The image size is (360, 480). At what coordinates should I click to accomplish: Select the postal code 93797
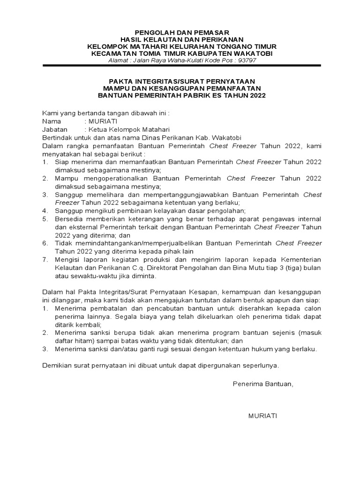click(248, 60)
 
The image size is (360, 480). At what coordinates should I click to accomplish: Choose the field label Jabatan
click(55, 129)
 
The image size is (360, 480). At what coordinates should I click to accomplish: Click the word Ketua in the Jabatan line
click(97, 129)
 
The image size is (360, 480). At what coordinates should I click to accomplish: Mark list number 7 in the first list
click(45, 259)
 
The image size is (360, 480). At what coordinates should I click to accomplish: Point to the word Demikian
click(57, 365)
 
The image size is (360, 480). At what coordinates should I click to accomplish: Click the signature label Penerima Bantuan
click(262, 384)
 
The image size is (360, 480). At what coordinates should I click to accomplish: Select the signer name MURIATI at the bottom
click(262, 416)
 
